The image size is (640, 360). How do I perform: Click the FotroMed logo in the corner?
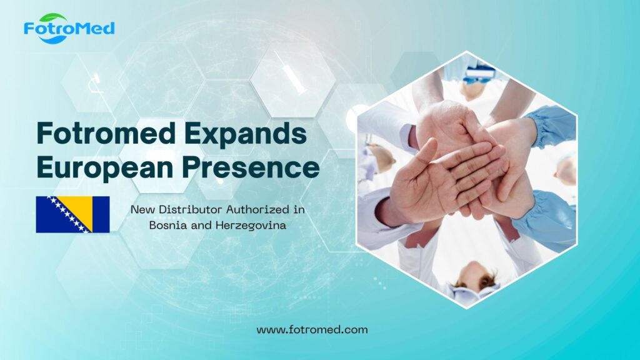69,28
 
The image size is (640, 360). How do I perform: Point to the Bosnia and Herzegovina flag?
72,214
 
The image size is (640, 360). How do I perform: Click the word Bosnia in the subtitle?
166,226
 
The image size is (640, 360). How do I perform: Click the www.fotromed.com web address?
312,329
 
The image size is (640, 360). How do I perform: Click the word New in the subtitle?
141,209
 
